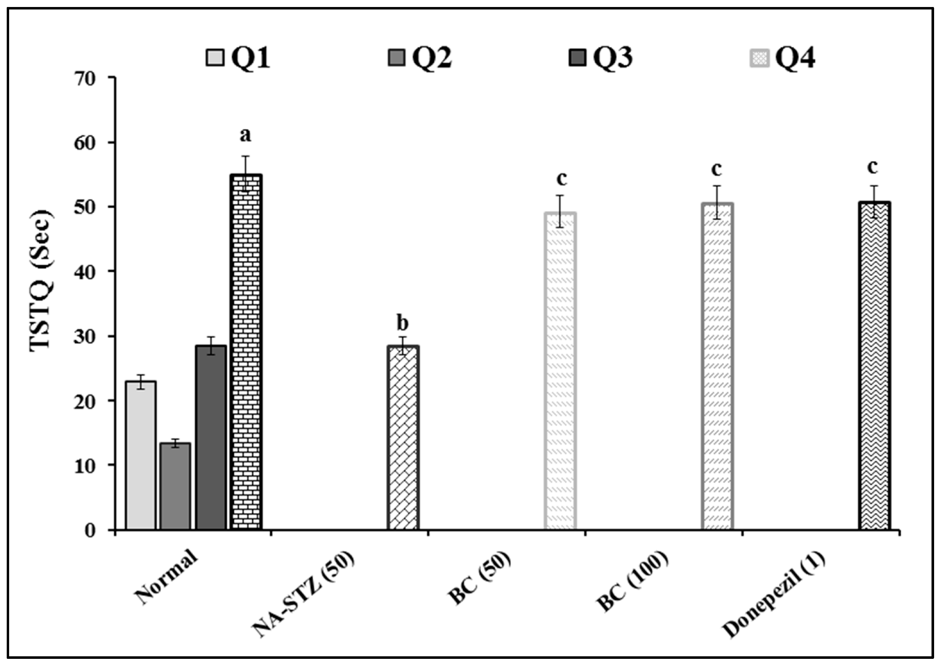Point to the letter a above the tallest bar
245,135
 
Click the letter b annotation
402,323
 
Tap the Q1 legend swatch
215,58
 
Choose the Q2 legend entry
420,58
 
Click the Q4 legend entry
782,58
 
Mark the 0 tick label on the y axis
90,531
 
